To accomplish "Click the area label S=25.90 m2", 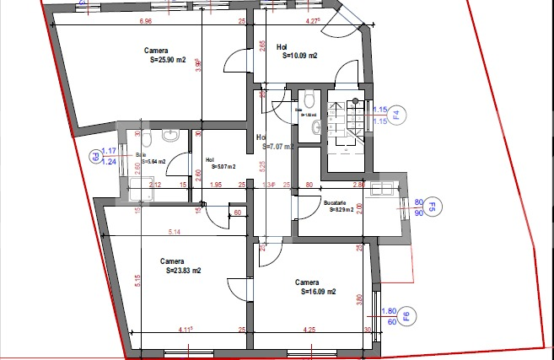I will [167, 61].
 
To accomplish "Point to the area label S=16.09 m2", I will [318, 292].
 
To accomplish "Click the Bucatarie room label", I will [335, 202].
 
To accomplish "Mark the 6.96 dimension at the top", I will [146, 21].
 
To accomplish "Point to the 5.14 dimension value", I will [175, 231].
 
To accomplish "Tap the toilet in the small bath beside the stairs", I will [310, 94].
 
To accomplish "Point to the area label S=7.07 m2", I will [277, 146].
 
